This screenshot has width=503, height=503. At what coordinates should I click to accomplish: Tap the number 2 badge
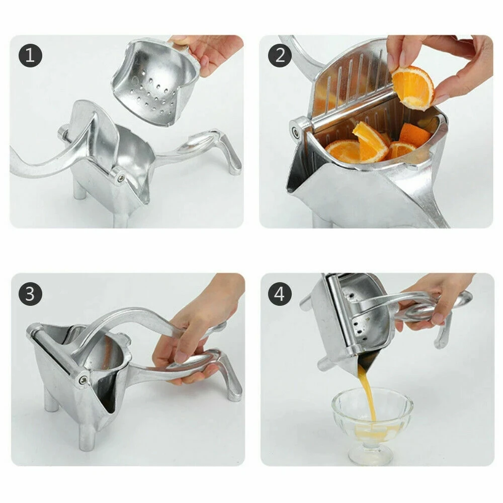(x=280, y=55)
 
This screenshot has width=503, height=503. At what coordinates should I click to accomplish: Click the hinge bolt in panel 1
(x=118, y=176)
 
